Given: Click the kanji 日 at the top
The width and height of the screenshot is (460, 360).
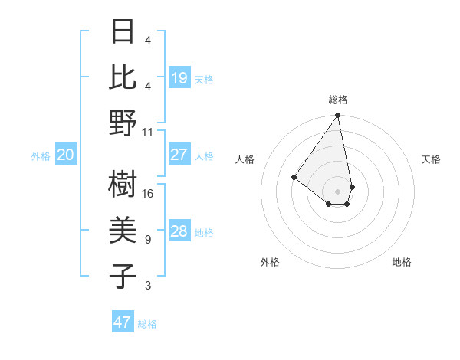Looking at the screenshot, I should click(123, 33).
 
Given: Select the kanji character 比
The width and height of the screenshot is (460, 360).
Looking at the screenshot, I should click(123, 77).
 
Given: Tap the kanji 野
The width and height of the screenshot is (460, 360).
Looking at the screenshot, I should click(123, 123).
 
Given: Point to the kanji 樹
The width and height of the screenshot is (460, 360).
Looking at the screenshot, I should click(123, 185).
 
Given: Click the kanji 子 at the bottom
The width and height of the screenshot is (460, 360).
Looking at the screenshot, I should click(123, 276).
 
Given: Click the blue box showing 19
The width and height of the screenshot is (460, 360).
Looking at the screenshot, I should click(179, 77).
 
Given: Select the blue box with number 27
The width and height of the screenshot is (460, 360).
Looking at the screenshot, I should click(179, 155).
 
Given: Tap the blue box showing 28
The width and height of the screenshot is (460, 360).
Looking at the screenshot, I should click(179, 231).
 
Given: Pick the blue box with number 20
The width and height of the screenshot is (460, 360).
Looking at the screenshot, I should click(65, 155).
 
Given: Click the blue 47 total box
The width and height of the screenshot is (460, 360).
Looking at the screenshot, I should click(122, 322).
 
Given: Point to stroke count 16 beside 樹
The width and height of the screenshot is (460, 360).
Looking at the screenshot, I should click(148, 194).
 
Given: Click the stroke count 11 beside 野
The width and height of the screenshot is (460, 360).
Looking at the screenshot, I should click(148, 132).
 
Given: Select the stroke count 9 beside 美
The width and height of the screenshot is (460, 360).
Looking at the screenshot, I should click(148, 240).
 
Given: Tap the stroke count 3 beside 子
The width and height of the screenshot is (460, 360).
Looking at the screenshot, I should click(148, 286).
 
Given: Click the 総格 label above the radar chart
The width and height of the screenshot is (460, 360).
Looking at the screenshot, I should click(338, 100).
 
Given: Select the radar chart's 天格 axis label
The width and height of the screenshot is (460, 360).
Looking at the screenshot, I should click(431, 159).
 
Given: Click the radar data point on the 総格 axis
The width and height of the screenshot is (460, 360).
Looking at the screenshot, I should click(337, 116).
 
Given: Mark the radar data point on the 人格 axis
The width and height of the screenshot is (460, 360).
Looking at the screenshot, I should click(294, 177).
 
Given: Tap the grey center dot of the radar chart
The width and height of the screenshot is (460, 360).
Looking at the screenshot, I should click(337, 191).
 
